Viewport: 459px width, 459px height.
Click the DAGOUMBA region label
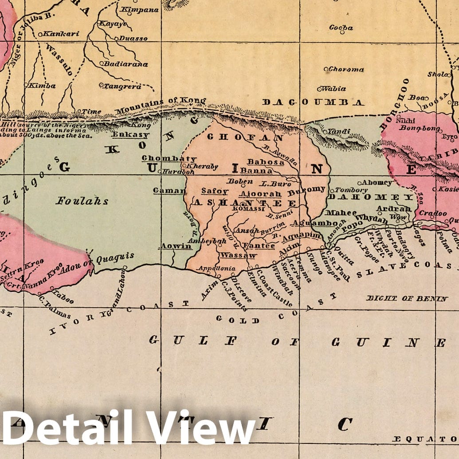pyautogui.click(x=313, y=102)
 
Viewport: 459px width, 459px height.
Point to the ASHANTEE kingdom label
pyautogui.click(x=244, y=202)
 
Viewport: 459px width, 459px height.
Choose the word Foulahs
pyautogui.click(x=82, y=201)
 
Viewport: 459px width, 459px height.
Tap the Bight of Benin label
pyautogui.click(x=407, y=298)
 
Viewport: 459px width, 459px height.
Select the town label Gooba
pyautogui.click(x=341, y=27)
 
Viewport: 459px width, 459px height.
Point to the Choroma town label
pyautogui.click(x=345, y=69)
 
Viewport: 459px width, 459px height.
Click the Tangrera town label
pyautogui.click(x=122, y=86)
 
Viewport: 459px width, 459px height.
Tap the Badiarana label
pyautogui.click(x=126, y=64)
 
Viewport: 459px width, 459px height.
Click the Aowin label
pyautogui.click(x=176, y=246)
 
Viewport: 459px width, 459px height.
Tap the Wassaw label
pyautogui.click(x=238, y=255)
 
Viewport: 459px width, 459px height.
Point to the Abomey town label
pyautogui.click(x=377, y=182)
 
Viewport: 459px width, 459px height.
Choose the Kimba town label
pyautogui.click(x=42, y=86)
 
